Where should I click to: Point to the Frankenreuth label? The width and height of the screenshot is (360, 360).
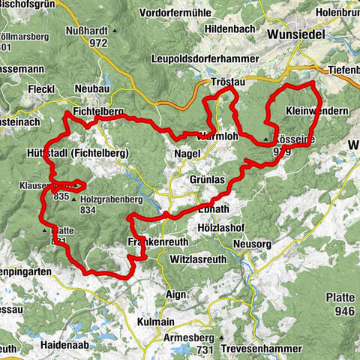pyautogui.click(x=154, y=242)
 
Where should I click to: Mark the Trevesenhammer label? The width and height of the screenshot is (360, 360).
pyautogui.click(x=262, y=349)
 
